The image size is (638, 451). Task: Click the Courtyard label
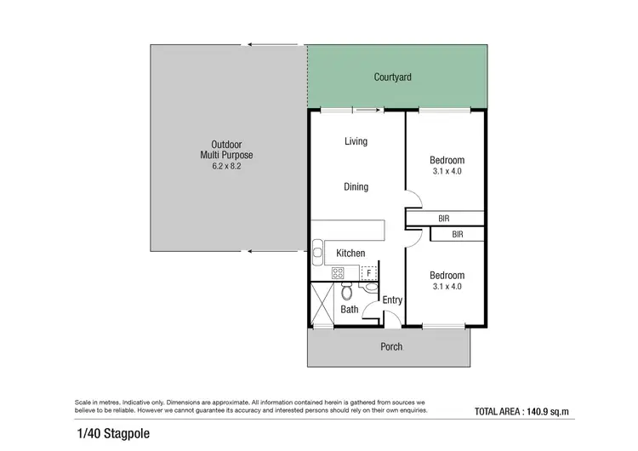392,77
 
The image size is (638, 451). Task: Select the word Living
356,141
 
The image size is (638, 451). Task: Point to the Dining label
356,186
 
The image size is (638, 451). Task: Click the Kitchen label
350,254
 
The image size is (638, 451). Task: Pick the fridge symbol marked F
368,273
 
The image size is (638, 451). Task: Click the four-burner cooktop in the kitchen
337,273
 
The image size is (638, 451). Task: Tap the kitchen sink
317,253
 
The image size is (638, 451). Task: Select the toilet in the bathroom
346,293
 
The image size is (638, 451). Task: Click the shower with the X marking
322,304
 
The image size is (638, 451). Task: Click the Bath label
350,310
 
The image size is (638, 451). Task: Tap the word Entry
392,300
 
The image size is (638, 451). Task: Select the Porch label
391,346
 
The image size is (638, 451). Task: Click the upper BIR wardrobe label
443,219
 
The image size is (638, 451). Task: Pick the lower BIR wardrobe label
457,234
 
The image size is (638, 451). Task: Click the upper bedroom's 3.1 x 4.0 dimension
447,173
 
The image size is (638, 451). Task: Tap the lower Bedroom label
447,275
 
